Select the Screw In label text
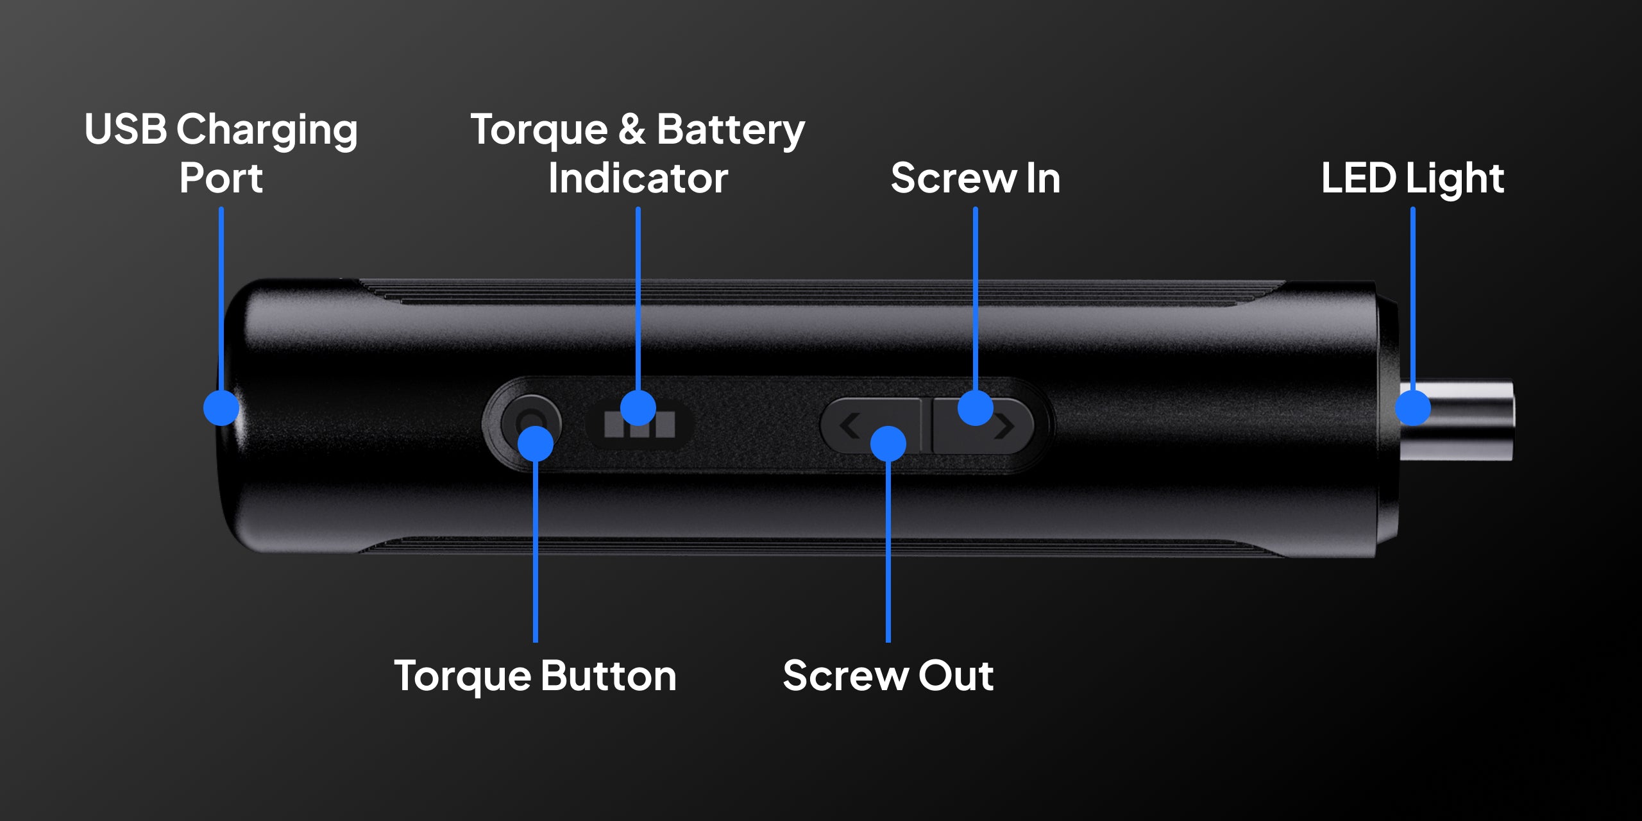pyautogui.click(x=976, y=178)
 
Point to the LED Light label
pyautogui.click(x=1412, y=178)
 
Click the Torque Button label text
pyautogui.click(x=536, y=676)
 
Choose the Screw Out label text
pyautogui.click(x=888, y=676)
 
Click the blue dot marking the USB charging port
pyautogui.click(x=221, y=407)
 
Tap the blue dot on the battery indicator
pyautogui.click(x=638, y=407)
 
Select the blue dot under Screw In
pyautogui.click(x=976, y=407)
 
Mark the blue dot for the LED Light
pyautogui.click(x=1413, y=407)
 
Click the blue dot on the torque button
pyautogui.click(x=536, y=443)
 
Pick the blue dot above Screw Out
pyautogui.click(x=888, y=443)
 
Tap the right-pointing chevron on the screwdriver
pyautogui.click(x=1005, y=427)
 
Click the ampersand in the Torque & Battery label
pyautogui.click(x=632, y=129)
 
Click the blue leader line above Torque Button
pyautogui.click(x=536, y=551)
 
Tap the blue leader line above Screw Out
pyautogui.click(x=888, y=551)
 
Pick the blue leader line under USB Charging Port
pyautogui.click(x=221, y=299)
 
